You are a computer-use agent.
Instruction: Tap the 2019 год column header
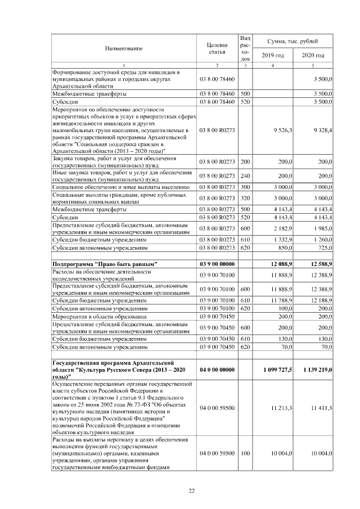pyautogui.click(x=273, y=55)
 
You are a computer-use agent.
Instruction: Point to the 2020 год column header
pyautogui.click(x=313, y=55)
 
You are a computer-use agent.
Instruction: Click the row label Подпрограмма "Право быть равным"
pyautogui.click(x=105, y=264)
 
